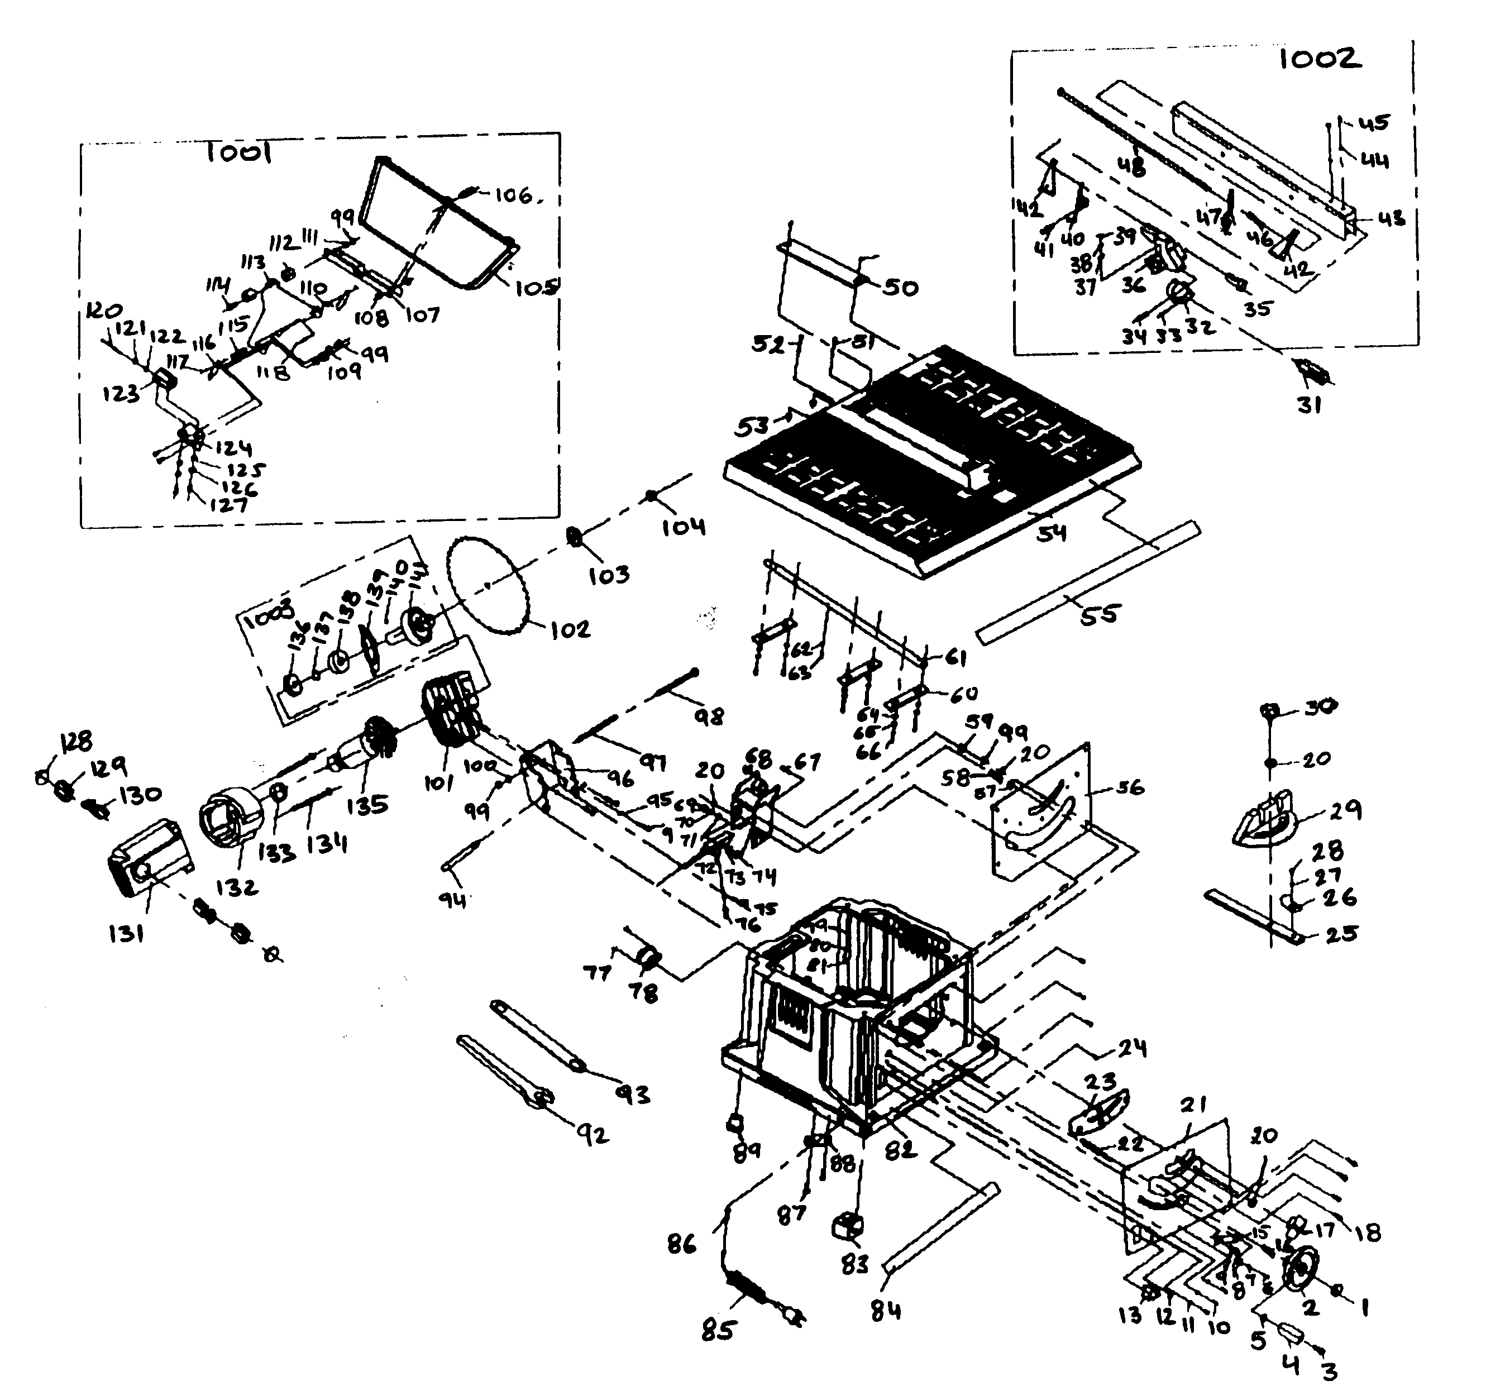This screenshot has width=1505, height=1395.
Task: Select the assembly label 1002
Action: point(1320,59)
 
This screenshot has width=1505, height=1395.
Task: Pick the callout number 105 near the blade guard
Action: point(537,288)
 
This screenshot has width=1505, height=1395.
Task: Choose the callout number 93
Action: point(633,1094)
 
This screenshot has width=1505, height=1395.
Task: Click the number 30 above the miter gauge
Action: point(1320,706)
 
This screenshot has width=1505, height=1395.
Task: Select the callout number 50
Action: point(900,288)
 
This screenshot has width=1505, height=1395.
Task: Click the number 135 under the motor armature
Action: point(367,805)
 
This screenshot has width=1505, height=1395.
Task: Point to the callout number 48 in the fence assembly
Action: point(1131,167)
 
